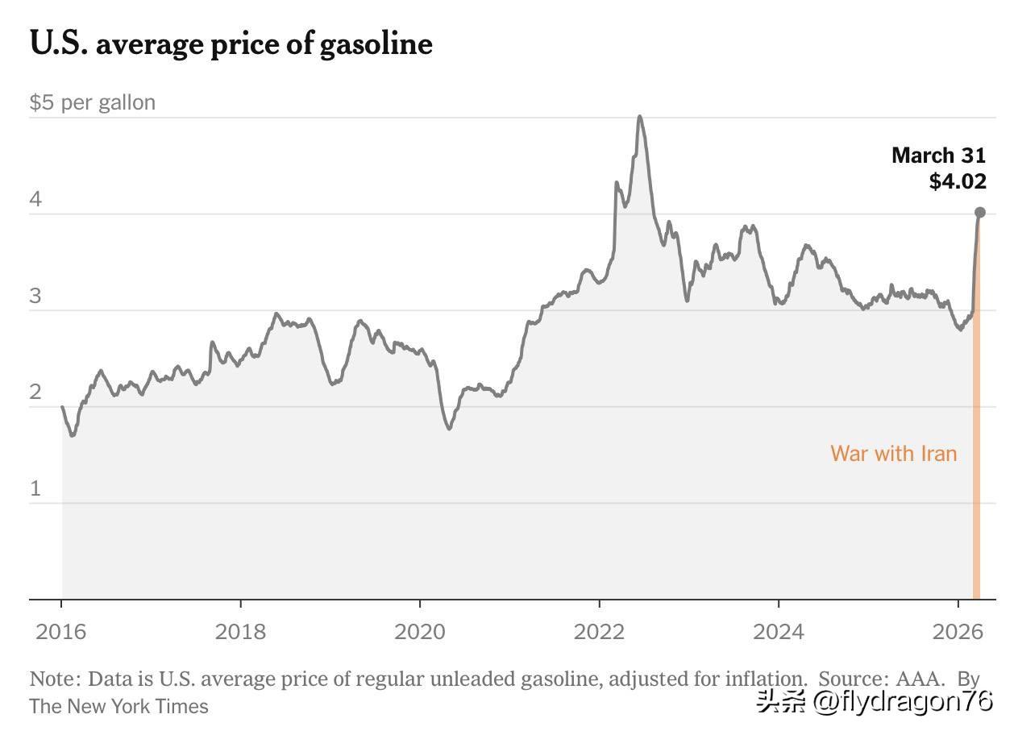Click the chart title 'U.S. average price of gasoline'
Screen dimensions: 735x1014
tap(231, 44)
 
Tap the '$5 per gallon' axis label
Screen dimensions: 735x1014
tap(93, 102)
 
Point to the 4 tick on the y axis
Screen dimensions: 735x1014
tap(35, 199)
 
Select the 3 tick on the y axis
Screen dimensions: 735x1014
tap(35, 296)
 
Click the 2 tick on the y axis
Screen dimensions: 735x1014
tap(35, 392)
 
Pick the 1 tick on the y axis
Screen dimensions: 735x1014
tap(35, 488)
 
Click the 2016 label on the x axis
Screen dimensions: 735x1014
tap(60, 631)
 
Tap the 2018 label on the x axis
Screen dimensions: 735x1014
tap(240, 631)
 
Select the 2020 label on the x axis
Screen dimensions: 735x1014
tap(419, 631)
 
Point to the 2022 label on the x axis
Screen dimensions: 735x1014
tap(599, 631)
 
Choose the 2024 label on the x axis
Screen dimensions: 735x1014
tap(778, 631)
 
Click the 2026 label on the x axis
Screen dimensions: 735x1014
tap(958, 631)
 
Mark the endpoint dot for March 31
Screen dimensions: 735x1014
tap(980, 213)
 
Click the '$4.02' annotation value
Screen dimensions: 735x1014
tap(958, 181)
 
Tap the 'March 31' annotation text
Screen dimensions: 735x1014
tap(938, 156)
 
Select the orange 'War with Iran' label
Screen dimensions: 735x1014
tap(893, 453)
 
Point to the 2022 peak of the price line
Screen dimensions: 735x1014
tap(640, 118)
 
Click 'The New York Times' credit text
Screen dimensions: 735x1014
tap(119, 707)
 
